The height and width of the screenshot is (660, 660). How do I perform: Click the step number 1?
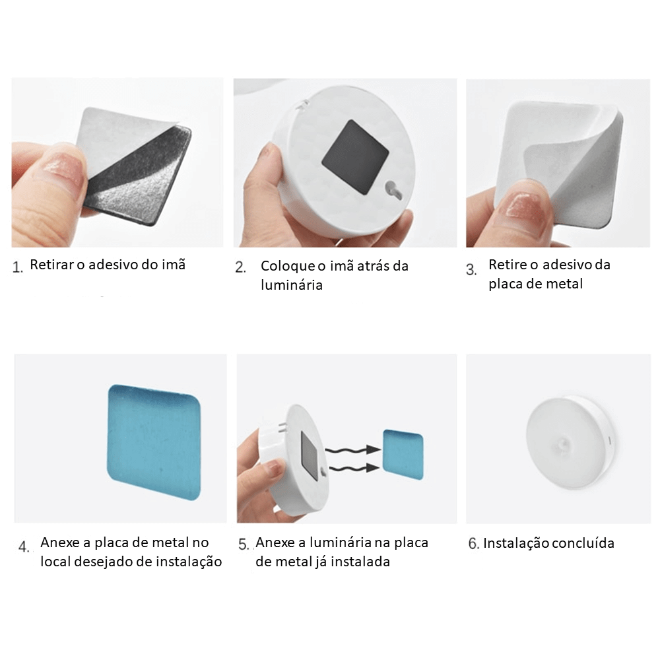tap(17, 267)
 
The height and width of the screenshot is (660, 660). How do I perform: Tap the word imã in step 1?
tap(174, 265)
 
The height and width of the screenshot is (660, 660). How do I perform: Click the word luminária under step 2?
tap(292, 285)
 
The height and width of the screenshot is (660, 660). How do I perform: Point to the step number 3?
tap(471, 269)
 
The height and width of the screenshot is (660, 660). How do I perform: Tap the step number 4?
tap(24, 546)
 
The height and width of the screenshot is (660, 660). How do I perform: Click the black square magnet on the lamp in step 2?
tap(356, 157)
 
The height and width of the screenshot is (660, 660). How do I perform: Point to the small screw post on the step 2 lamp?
tap(395, 187)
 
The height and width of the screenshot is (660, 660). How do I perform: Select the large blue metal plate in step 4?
tap(154, 442)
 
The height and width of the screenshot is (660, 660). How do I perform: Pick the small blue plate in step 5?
tap(403, 455)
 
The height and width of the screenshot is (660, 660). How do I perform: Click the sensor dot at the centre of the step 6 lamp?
tap(563, 444)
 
